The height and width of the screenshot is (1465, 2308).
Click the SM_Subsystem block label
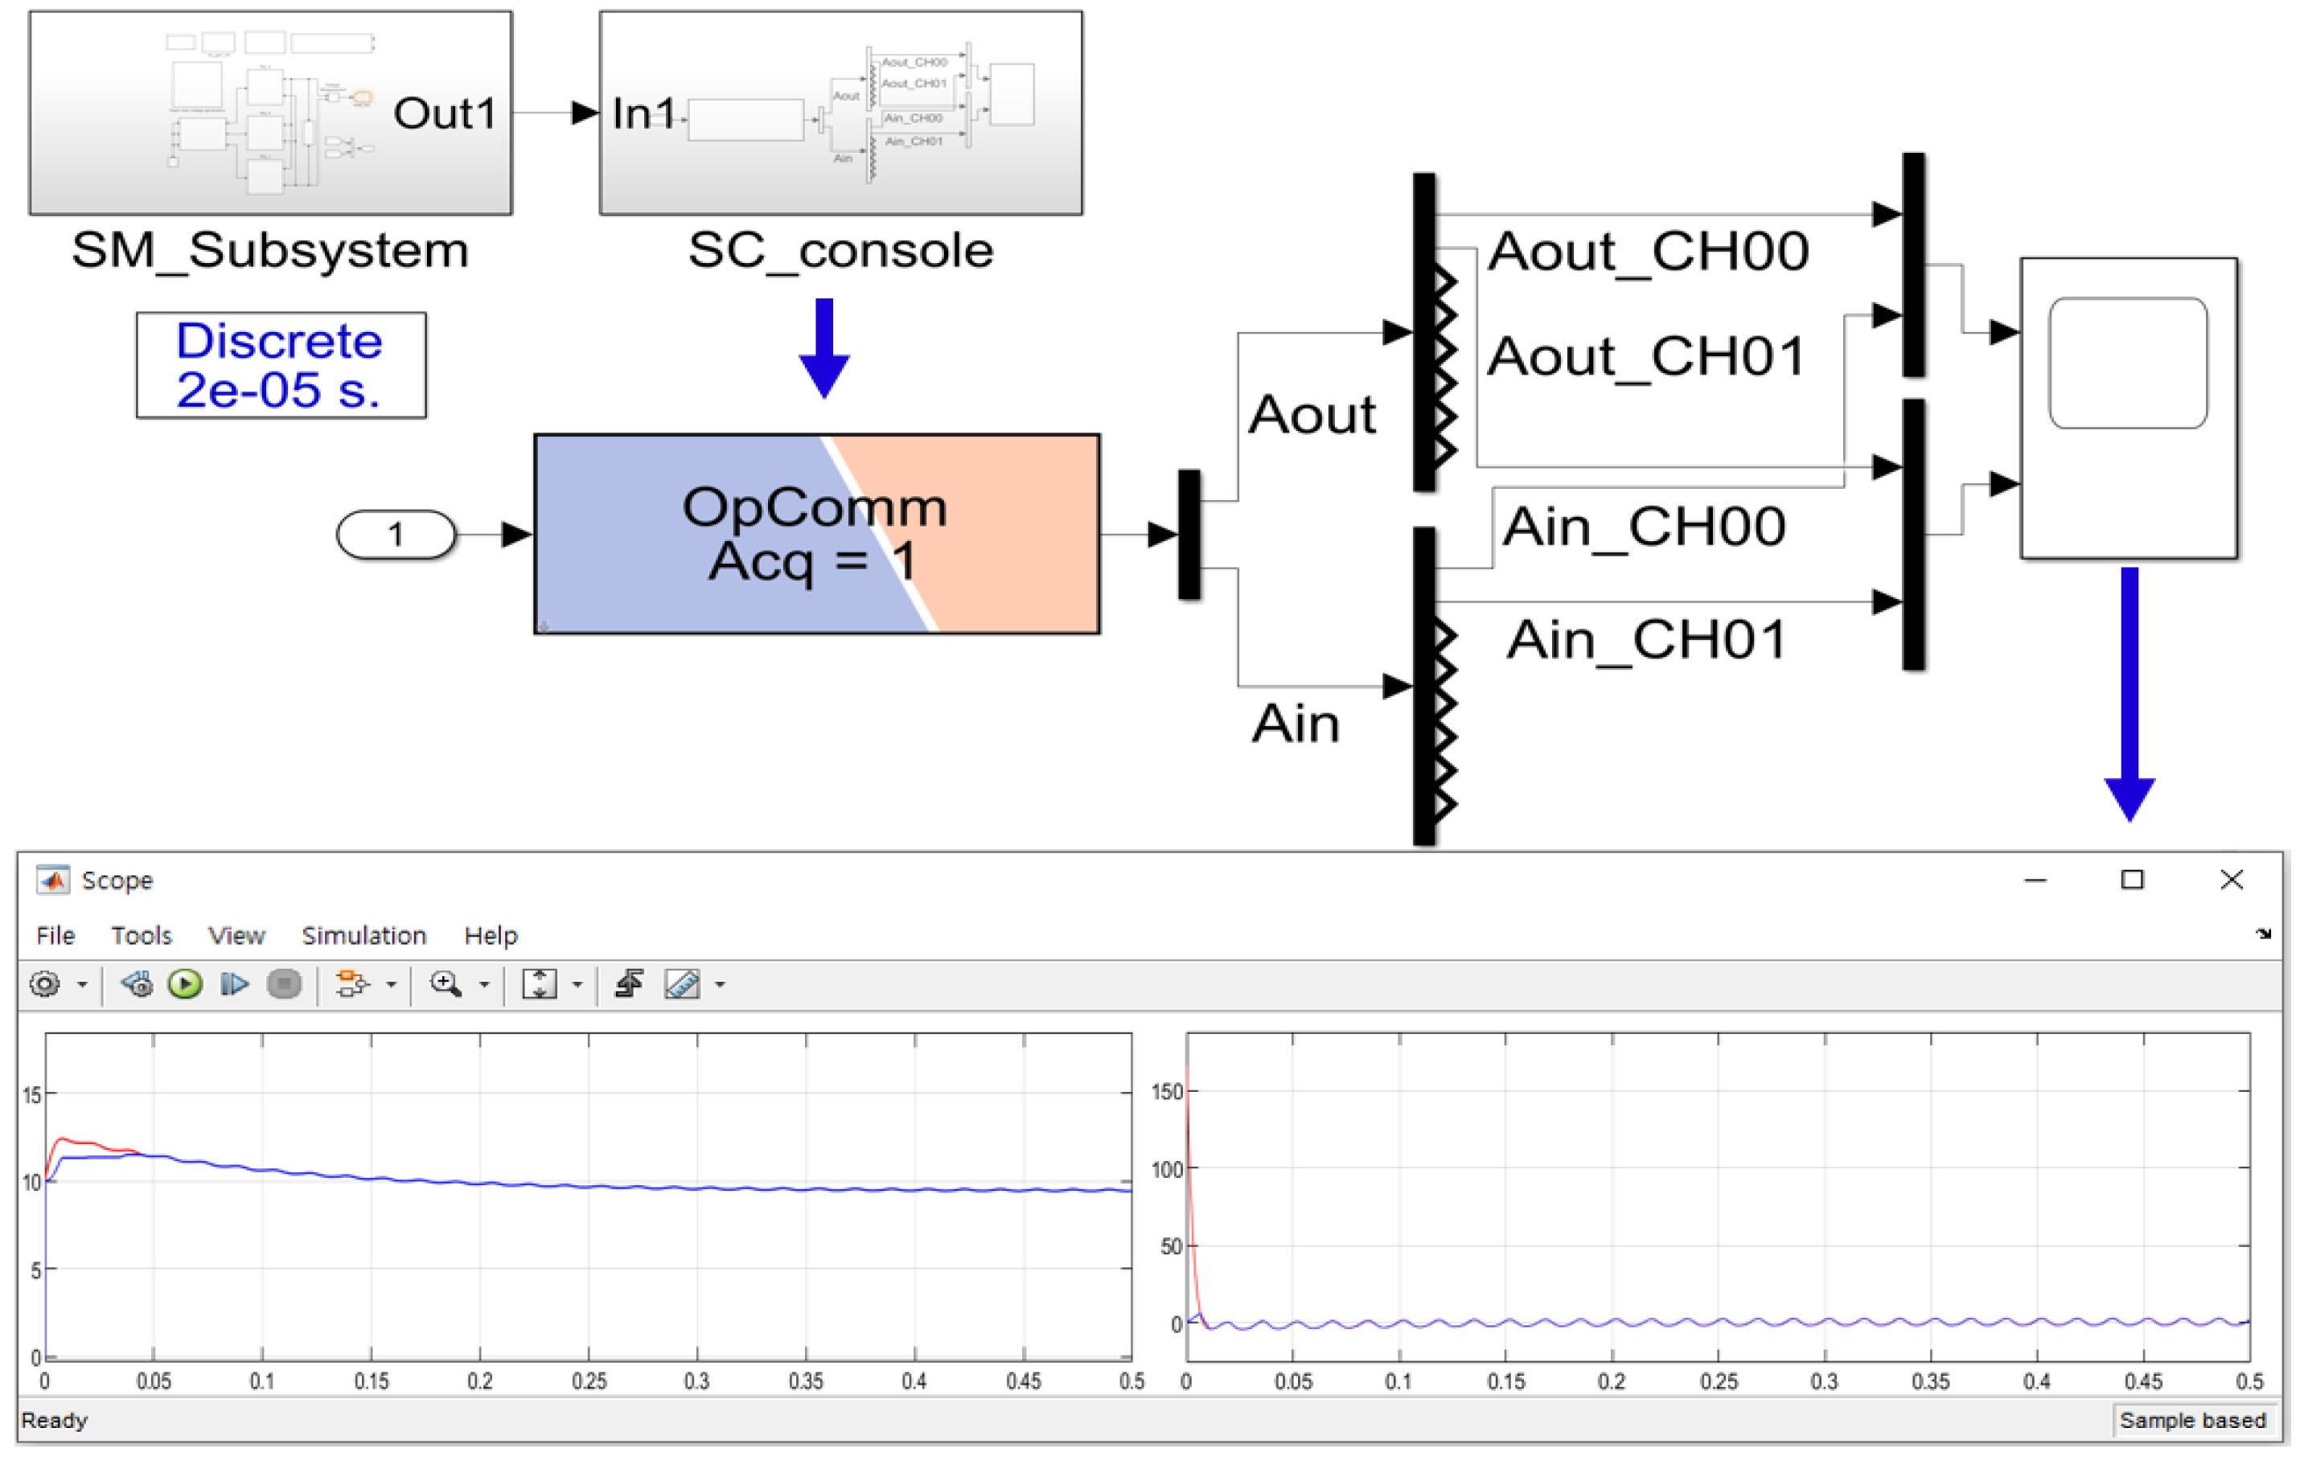click(x=269, y=251)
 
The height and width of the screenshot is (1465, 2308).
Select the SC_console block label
click(x=840, y=251)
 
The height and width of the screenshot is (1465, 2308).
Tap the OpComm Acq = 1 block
click(x=816, y=534)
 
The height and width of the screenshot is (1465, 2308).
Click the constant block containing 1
click(x=395, y=534)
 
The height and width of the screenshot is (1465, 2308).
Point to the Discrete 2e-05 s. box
click(x=281, y=365)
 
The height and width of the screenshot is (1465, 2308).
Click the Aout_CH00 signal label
click(x=1648, y=251)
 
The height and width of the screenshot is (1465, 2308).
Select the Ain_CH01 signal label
click(x=1648, y=639)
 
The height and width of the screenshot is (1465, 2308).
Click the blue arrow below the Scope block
click(x=2129, y=695)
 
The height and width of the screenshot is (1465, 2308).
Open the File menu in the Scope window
click(x=55, y=935)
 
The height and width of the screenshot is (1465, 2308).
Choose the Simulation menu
click(x=363, y=935)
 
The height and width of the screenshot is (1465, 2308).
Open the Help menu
click(x=491, y=935)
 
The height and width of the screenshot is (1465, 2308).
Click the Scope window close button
click(x=2232, y=880)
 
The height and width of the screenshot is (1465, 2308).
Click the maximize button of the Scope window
click(x=2132, y=880)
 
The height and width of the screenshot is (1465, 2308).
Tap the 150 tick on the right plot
click(x=1166, y=1092)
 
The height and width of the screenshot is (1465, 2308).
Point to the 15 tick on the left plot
click(x=31, y=1095)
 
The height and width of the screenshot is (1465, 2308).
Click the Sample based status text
click(x=2192, y=1420)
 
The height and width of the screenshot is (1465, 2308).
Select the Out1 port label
click(x=446, y=113)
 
